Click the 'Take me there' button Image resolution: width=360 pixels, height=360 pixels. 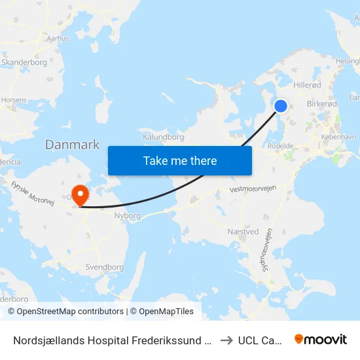pyautogui.click(x=180, y=160)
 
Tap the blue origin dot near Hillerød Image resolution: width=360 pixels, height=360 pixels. pyautogui.click(x=281, y=106)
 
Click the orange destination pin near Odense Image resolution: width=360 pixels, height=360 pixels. pyautogui.click(x=81, y=194)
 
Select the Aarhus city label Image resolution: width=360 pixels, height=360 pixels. pyautogui.click(x=58, y=39)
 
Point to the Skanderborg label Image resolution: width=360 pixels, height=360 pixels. pyautogui.click(x=24, y=62)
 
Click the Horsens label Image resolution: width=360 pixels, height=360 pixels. pyautogui.click(x=14, y=100)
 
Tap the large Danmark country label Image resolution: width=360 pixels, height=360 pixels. pyautogui.click(x=72, y=145)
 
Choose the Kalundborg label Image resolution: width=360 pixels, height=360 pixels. pyautogui.click(x=163, y=137)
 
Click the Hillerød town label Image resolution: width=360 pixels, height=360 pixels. pyautogui.click(x=307, y=84)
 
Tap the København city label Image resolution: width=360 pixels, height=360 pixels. pyautogui.click(x=338, y=137)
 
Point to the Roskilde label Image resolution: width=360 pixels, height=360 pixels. pyautogui.click(x=280, y=147)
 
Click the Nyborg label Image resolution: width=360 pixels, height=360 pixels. pyautogui.click(x=127, y=215)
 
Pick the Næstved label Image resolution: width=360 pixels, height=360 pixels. pyautogui.click(x=243, y=232)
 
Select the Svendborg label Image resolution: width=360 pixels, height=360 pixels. pyautogui.click(x=105, y=267)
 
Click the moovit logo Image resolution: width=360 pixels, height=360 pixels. pyautogui.click(x=320, y=339)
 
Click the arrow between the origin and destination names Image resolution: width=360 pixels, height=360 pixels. pyautogui.click(x=225, y=340)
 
